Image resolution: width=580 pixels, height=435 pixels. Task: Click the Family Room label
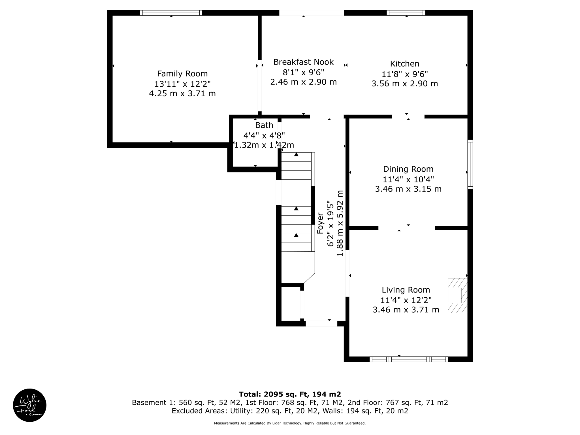click(x=182, y=74)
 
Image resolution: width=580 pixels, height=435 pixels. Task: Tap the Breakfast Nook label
click(x=303, y=62)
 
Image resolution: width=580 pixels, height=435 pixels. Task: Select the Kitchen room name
click(x=404, y=64)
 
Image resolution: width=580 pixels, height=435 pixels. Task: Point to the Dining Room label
click(x=408, y=169)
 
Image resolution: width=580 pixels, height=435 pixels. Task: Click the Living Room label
click(x=406, y=290)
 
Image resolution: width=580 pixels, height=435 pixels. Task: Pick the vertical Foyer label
click(x=320, y=223)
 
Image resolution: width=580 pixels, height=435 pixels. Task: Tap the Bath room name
click(x=264, y=125)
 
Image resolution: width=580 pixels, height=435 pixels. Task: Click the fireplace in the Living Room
click(x=457, y=295)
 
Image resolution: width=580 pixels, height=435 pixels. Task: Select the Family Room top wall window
click(x=171, y=13)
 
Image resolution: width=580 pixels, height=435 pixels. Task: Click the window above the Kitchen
click(x=406, y=13)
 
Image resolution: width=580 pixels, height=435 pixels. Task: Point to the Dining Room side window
click(x=470, y=164)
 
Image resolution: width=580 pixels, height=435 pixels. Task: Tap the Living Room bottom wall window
click(x=409, y=359)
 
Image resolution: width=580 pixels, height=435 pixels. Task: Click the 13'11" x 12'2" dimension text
click(x=182, y=84)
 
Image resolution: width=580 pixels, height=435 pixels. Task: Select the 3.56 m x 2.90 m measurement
click(x=404, y=84)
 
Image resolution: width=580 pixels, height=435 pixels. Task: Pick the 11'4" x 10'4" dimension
click(x=408, y=179)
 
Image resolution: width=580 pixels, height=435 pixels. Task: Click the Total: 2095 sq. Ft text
click(x=290, y=394)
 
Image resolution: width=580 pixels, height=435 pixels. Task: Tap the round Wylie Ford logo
click(x=30, y=405)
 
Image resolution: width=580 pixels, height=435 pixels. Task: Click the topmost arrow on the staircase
click(x=296, y=155)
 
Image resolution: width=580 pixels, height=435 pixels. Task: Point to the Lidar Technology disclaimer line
click(x=290, y=423)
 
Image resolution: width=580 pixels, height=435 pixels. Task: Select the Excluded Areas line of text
click(x=290, y=411)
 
